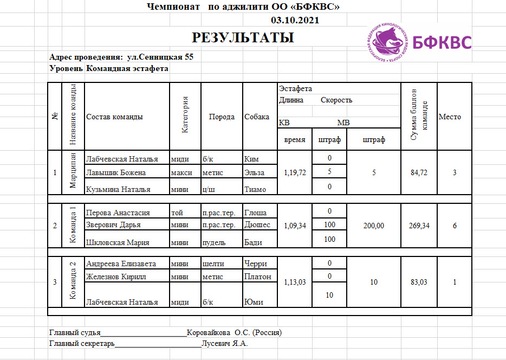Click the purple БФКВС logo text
442,43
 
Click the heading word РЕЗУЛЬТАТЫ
243,37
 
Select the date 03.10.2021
295,21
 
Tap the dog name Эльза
254,172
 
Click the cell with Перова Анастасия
118,213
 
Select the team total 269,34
419,226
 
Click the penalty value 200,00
374,226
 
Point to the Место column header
450,117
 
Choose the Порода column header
222,117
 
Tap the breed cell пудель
213,242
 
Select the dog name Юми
254,302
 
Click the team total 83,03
419,282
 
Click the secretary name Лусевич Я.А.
225,343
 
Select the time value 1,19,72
295,172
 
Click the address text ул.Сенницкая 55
160,56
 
